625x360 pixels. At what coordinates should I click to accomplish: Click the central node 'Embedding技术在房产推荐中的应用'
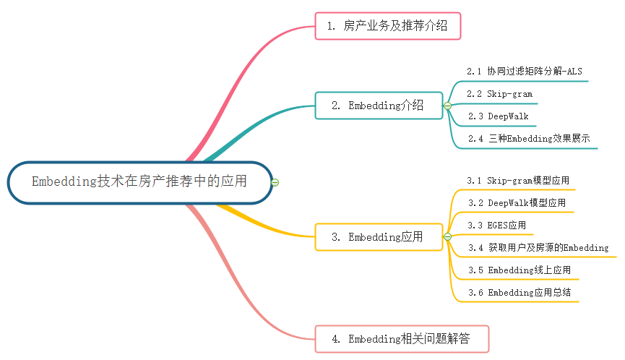tap(139, 181)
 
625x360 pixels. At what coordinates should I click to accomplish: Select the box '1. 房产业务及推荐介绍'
tap(387, 27)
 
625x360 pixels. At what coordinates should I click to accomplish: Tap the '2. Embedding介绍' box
tap(378, 106)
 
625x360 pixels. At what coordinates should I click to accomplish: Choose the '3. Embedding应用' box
tap(378, 236)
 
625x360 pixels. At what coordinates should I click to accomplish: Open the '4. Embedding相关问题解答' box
tap(402, 338)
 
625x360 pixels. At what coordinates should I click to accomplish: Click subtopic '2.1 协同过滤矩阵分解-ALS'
tap(524, 71)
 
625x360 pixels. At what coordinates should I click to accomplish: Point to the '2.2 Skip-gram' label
tap(499, 94)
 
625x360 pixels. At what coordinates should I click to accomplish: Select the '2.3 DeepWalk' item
tap(498, 116)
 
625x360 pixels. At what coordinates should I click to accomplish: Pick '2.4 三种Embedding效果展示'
tap(528, 139)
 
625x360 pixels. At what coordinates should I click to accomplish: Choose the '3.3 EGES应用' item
tap(496, 226)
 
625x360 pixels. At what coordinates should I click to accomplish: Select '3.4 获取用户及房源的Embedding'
tap(538, 248)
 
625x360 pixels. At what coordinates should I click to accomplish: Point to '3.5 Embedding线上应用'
tap(519, 270)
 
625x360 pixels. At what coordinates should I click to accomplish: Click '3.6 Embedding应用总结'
tap(519, 293)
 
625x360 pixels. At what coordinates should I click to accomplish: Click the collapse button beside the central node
tap(275, 182)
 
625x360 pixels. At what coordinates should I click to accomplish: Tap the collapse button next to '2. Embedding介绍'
tap(447, 106)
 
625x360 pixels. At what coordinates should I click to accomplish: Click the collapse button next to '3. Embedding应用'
tap(447, 237)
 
